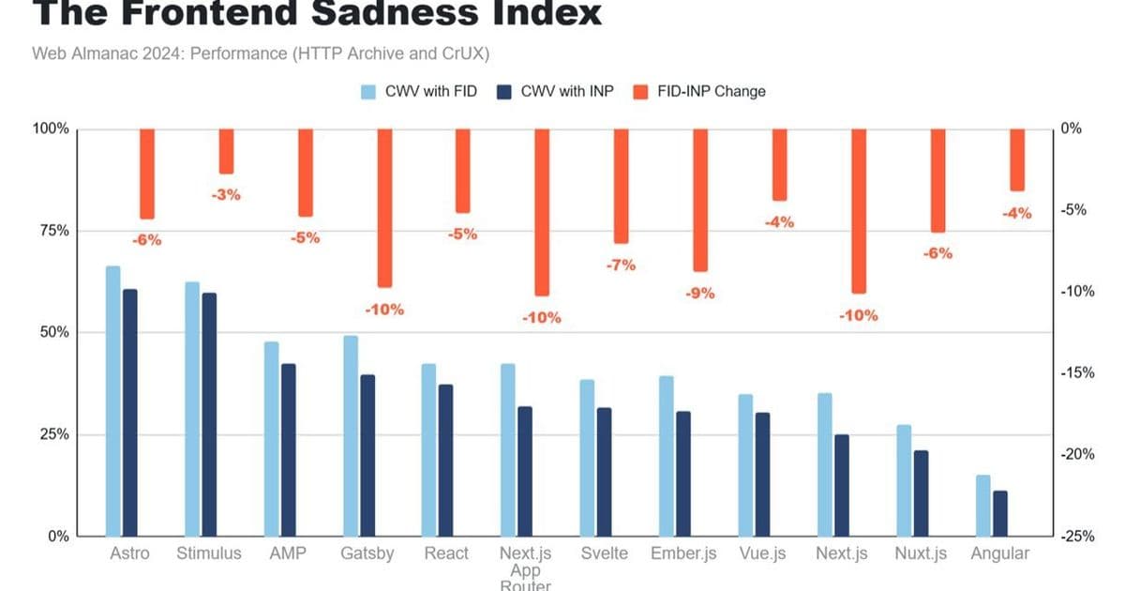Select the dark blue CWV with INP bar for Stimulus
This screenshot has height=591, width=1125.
pyautogui.click(x=209, y=414)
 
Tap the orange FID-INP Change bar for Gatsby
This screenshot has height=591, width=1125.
pyautogui.click(x=384, y=207)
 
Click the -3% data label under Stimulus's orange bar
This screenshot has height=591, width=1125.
pyautogui.click(x=226, y=195)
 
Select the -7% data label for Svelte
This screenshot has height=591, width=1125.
pyautogui.click(x=621, y=265)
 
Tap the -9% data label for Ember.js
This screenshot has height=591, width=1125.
pyautogui.click(x=699, y=293)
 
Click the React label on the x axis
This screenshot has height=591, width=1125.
pyautogui.click(x=446, y=553)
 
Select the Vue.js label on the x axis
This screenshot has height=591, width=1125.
pyautogui.click(x=762, y=553)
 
